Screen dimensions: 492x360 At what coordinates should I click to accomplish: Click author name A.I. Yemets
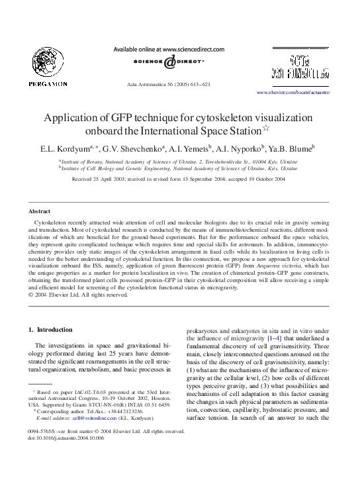pyautogui.click(x=188, y=149)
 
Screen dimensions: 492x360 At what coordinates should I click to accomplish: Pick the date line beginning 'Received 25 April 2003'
pyautogui.click(x=179, y=179)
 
